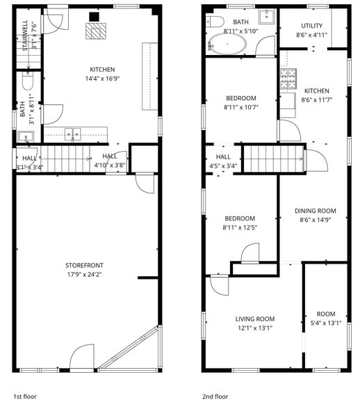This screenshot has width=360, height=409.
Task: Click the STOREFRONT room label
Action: coord(85,265)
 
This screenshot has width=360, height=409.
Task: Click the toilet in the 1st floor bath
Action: coord(28,83)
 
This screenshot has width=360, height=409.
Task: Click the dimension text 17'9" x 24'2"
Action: coord(85,275)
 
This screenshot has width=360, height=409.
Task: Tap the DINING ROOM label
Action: coord(315,211)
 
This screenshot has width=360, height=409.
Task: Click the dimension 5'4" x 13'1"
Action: coord(326,323)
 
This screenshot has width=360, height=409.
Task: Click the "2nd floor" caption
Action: coord(215,396)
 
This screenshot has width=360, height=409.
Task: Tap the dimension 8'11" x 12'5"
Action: coord(240,227)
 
